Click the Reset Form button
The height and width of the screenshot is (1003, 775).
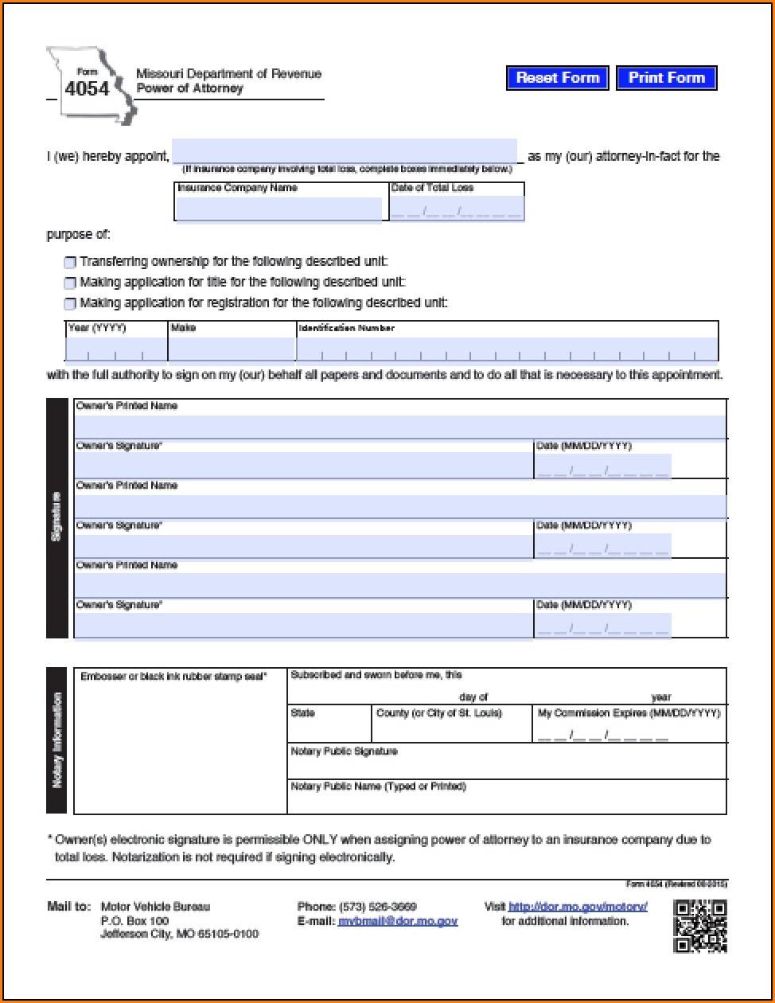pyautogui.click(x=557, y=78)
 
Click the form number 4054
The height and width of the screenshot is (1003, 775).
pyautogui.click(x=87, y=89)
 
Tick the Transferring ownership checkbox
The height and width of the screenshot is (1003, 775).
pyautogui.click(x=70, y=263)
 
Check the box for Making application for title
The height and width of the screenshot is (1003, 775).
pyautogui.click(x=70, y=283)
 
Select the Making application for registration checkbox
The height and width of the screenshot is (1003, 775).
pyautogui.click(x=70, y=304)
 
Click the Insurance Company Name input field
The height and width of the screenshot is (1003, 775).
pyautogui.click(x=278, y=209)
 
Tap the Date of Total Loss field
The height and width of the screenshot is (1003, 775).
pyautogui.click(x=456, y=209)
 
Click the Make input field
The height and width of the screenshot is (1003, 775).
pyautogui.click(x=232, y=349)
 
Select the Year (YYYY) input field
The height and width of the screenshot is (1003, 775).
pyautogui.click(x=116, y=349)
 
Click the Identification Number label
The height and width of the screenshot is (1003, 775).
pyautogui.click(x=346, y=328)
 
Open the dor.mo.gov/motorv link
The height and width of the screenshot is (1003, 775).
pyautogui.click(x=578, y=907)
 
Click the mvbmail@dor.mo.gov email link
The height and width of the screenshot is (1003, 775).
pyautogui.click(x=398, y=921)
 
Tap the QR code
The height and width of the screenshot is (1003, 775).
pyautogui.click(x=699, y=926)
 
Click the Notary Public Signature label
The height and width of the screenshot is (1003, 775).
pyautogui.click(x=344, y=751)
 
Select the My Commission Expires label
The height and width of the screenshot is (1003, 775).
pyautogui.click(x=629, y=713)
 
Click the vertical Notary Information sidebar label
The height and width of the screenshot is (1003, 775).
pyautogui.click(x=57, y=740)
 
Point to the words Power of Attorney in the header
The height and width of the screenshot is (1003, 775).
pyautogui.click(x=189, y=88)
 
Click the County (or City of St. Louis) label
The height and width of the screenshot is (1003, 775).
pyautogui.click(x=439, y=713)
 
